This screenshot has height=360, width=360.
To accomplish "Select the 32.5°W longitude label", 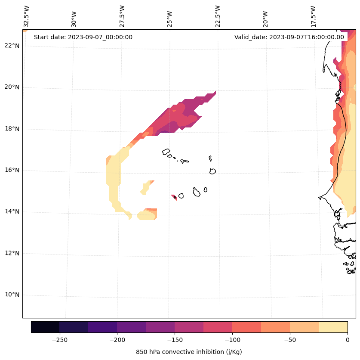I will click(27, 16).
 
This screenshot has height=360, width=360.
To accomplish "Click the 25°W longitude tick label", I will click(170, 19).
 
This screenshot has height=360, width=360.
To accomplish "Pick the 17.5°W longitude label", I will click(313, 16).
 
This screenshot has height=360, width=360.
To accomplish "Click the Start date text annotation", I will click(83, 37).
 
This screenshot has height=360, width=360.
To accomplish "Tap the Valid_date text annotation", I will click(289, 37).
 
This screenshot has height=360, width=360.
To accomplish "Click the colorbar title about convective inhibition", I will click(189, 352).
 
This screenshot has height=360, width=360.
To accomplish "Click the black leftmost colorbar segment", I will click(45, 327).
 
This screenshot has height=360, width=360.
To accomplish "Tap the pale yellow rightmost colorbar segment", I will click(333, 327).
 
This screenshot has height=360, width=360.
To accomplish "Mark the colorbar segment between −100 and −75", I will click(246, 327).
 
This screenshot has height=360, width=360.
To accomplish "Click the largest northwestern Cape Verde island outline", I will click(166, 152).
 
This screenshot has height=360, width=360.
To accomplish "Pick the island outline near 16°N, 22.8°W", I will click(212, 171).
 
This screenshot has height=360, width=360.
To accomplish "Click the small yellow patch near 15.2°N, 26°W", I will click(146, 187).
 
